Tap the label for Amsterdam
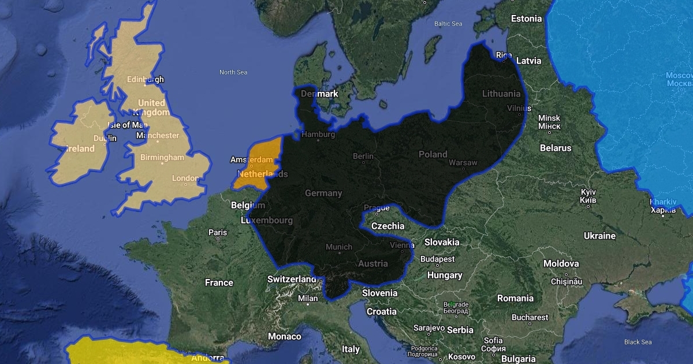click(251, 159)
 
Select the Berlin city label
click(363, 157)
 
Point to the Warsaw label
click(463, 163)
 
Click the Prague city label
click(377, 209)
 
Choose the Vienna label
click(402, 245)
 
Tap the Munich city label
click(338, 247)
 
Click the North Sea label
click(233, 72)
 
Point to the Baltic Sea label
click(449, 24)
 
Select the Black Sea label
click(638, 342)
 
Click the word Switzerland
click(292, 279)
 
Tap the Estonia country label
click(527, 18)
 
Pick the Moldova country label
click(561, 263)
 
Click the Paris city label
click(218, 233)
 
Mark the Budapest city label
click(438, 259)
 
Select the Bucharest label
click(530, 317)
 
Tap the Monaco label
click(285, 336)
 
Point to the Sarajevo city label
click(427, 328)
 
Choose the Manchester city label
click(158, 136)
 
